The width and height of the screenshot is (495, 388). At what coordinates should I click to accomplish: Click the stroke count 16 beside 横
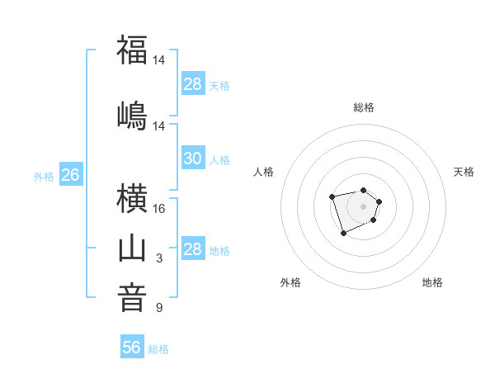click(x=159, y=209)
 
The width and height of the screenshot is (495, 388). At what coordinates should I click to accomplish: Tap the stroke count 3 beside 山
click(x=159, y=258)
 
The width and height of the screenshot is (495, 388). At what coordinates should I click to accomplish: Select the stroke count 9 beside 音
click(x=159, y=308)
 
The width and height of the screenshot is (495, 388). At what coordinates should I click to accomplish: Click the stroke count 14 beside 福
click(x=159, y=60)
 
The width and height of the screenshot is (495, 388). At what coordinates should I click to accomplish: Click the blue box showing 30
click(x=193, y=159)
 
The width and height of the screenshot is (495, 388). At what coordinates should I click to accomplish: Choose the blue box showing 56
click(x=132, y=348)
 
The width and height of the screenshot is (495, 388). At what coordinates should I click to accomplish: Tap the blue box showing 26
click(x=70, y=175)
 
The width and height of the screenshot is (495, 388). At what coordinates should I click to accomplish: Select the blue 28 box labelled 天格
click(x=193, y=84)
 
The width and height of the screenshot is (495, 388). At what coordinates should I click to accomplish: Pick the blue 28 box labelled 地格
click(x=193, y=249)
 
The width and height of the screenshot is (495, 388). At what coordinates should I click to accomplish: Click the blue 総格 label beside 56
click(x=158, y=349)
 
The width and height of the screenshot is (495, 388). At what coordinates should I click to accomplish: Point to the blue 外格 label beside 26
click(x=44, y=177)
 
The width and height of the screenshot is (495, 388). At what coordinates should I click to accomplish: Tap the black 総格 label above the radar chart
click(x=363, y=107)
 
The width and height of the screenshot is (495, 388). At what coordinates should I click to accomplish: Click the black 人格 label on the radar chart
click(x=264, y=172)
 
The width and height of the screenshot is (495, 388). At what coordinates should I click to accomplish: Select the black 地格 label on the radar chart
click(x=432, y=282)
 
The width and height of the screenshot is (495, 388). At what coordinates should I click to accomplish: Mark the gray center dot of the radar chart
click(x=363, y=206)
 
